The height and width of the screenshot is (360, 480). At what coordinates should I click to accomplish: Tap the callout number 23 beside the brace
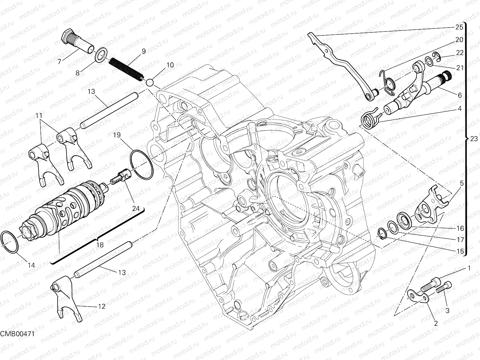click(x=474, y=139)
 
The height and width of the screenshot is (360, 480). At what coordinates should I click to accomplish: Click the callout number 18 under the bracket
click(x=100, y=245)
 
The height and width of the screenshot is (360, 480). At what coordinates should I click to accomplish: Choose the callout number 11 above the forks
click(x=39, y=116)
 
